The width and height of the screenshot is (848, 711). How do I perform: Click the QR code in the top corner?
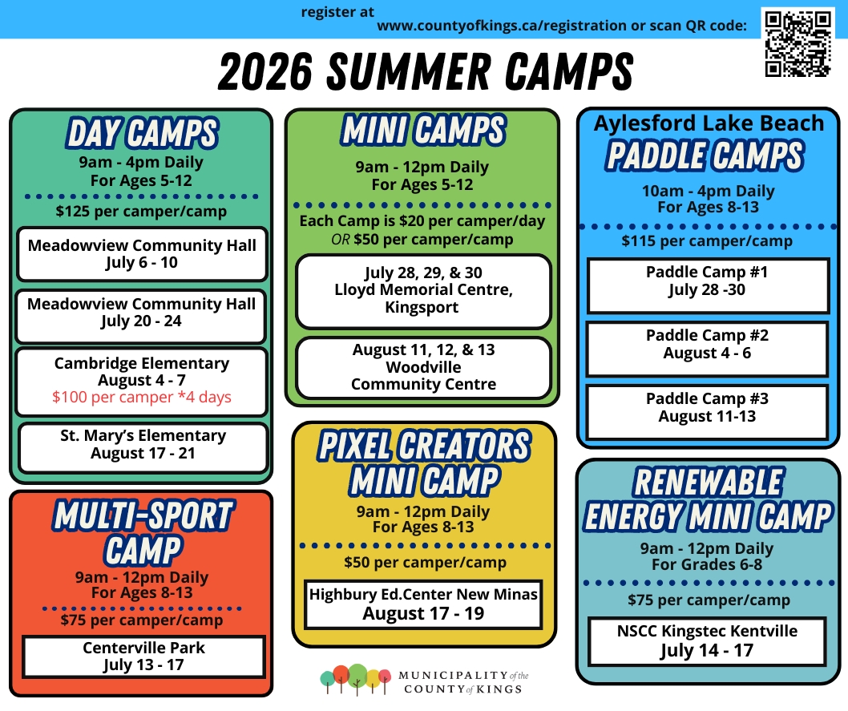pos(797,43)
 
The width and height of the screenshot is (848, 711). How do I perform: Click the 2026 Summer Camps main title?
pos(425,73)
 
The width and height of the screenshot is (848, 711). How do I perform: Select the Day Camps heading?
pos(141,134)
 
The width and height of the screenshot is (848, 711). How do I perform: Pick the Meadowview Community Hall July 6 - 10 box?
pos(141,254)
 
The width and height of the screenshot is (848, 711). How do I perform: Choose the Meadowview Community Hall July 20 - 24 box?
pos(141,313)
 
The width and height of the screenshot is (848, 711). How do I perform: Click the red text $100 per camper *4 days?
pos(141,398)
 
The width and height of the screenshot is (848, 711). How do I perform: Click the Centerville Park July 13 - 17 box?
pos(143,656)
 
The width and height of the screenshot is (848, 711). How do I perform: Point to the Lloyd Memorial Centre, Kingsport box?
pos(423,290)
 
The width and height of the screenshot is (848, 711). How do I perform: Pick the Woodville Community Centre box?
pos(423,368)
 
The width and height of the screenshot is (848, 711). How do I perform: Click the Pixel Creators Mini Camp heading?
pos(424,463)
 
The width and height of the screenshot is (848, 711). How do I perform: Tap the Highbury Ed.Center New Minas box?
pos(423,604)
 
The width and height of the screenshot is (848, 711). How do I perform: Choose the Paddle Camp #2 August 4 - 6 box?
pos(707,345)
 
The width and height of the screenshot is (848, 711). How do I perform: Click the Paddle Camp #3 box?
pos(707,408)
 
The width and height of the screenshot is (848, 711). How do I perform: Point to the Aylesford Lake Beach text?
pos(709,123)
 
